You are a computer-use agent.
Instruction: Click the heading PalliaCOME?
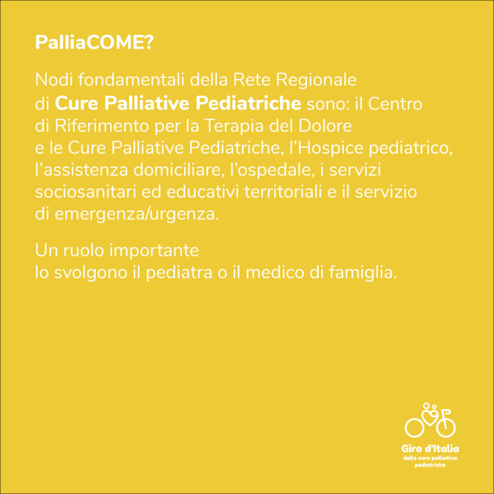click(x=94, y=42)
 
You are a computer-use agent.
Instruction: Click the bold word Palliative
click(x=148, y=103)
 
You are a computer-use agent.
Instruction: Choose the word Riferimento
click(x=102, y=126)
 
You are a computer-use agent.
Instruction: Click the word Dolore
click(x=325, y=126)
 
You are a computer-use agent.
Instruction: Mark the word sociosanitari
click(x=86, y=193)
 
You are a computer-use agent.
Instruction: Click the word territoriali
click(x=283, y=193)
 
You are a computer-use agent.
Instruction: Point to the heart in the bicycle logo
click(x=430, y=418)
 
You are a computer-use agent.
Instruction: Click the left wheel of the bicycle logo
click(x=414, y=428)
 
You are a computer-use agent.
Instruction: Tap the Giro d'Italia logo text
click(x=430, y=448)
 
